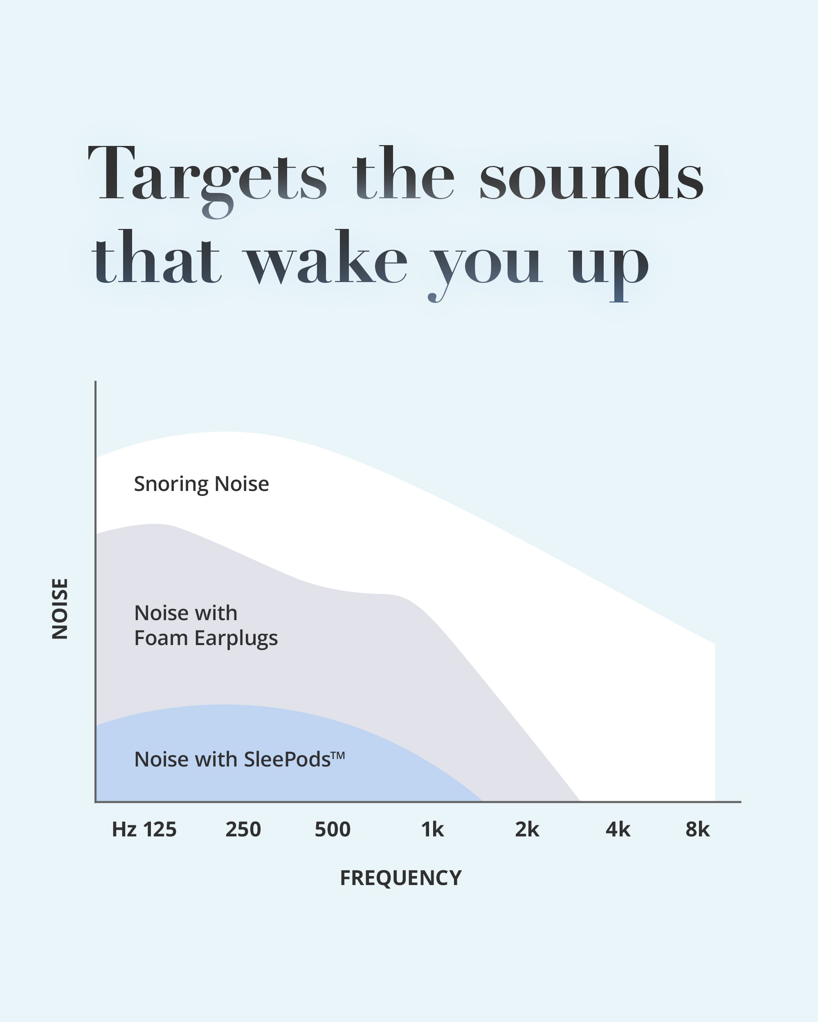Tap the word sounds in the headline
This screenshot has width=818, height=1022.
click(x=592, y=173)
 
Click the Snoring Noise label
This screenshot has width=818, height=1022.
click(x=202, y=484)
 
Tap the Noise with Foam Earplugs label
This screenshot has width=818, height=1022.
click(x=206, y=625)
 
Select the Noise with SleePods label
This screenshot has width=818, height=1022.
click(x=240, y=759)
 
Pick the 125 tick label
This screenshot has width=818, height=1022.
click(x=160, y=829)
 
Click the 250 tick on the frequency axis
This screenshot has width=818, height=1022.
click(x=243, y=829)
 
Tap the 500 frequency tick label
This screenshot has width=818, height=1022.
click(x=333, y=829)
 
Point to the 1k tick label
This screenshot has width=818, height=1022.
click(x=432, y=829)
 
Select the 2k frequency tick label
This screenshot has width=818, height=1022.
click(x=527, y=829)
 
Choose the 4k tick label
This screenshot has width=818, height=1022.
click(x=618, y=829)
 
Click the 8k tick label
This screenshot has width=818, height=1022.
click(x=698, y=829)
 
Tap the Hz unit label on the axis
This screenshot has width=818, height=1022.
click(x=124, y=829)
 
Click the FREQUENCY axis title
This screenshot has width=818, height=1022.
click(x=401, y=878)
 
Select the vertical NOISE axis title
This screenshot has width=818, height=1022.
click(x=60, y=609)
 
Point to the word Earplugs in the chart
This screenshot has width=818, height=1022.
click(x=236, y=639)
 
